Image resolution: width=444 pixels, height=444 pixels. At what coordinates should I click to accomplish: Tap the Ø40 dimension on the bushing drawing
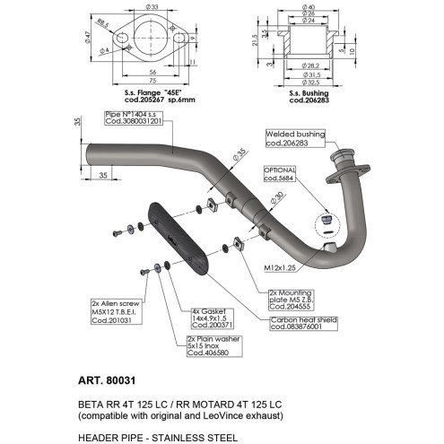pos(309,7)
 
